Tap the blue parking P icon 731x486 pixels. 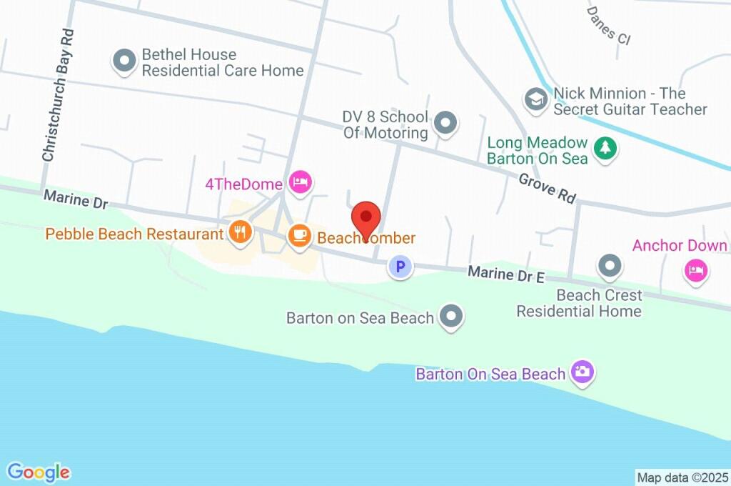click(400, 268)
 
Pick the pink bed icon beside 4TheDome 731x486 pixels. click(300, 182)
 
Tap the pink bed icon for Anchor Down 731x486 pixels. click(696, 271)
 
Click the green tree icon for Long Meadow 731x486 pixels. click(606, 149)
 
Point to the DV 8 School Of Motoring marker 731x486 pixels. click(446, 123)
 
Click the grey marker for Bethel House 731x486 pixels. click(125, 61)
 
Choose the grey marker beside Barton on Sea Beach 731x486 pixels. click(451, 317)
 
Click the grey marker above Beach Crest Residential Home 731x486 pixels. click(610, 267)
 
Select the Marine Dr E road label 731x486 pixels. click(506, 273)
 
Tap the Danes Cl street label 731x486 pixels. click(608, 26)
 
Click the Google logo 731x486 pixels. click(39, 472)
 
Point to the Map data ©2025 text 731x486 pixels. click(682, 477)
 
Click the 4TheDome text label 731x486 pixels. click(243, 184)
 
